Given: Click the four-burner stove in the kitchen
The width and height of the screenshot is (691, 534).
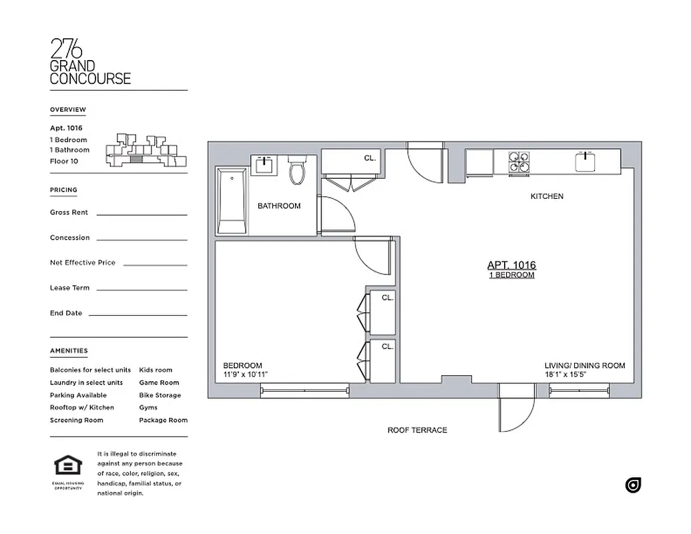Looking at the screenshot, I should coord(520,163).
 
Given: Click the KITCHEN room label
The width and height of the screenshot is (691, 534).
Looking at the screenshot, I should coord(547,196).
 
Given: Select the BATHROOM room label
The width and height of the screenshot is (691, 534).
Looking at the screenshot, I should coord(279,206).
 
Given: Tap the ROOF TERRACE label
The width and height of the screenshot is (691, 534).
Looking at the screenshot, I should coord(417,431).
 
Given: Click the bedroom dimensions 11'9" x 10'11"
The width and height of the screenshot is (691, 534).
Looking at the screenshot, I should coord(246,374).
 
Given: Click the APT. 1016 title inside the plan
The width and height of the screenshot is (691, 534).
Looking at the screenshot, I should coord(511,265).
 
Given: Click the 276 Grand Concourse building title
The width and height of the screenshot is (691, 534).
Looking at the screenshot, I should coord(90,62).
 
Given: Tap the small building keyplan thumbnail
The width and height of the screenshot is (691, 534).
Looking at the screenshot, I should coord(146,150).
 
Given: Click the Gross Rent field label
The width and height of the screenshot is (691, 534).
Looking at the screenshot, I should coord(69,212).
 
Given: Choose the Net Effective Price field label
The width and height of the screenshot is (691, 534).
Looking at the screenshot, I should coord(82,262).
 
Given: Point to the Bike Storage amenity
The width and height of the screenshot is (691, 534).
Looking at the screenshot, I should coord(160,395).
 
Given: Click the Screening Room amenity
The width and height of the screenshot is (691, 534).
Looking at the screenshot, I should coord(76,420).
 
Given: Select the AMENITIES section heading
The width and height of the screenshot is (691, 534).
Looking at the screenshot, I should coord(68,350).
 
